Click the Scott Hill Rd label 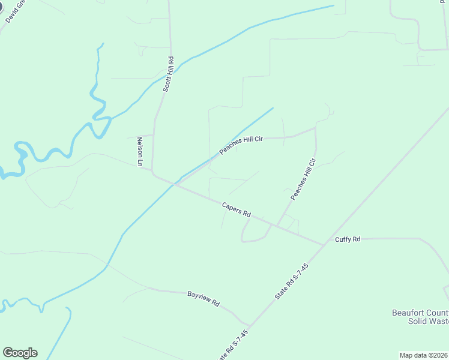[x=170, y=74]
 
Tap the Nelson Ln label [x=140, y=151]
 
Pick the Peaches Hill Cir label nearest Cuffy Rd [x=303, y=179]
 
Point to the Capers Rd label [x=236, y=209]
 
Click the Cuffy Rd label [x=348, y=239]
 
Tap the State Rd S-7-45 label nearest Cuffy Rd [x=291, y=282]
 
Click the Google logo [x=20, y=353]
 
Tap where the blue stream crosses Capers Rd [x=175, y=184]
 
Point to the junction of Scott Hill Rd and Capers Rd [x=154, y=175]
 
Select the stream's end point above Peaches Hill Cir [x=273, y=108]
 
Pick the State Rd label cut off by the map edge [x=231, y=344]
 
